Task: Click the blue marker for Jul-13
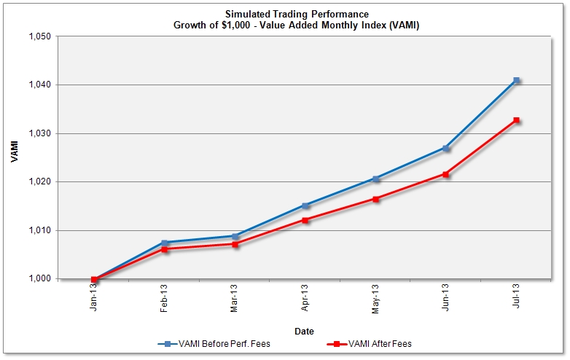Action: click(516, 80)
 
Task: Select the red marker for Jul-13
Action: click(516, 120)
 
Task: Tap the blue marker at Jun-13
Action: click(445, 148)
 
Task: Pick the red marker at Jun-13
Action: click(445, 174)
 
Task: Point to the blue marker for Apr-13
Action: click(305, 206)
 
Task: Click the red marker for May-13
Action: click(375, 199)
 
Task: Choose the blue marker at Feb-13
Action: click(165, 243)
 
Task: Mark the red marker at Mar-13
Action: click(235, 244)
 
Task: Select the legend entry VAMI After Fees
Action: click(380, 343)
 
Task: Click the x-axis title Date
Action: click(304, 331)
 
